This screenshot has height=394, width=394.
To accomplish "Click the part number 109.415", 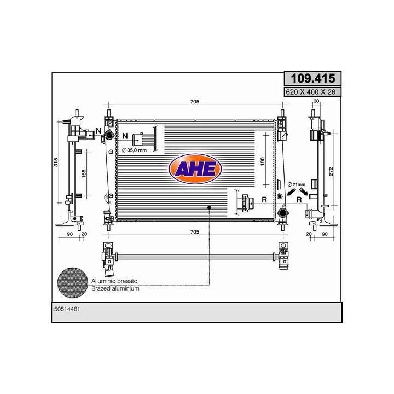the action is pyautogui.click(x=313, y=78).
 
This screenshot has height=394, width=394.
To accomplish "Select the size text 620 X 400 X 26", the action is pyautogui.click(x=311, y=92).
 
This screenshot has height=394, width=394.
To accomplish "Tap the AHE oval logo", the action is pyautogui.click(x=195, y=169).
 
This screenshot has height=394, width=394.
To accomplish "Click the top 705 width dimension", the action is pyautogui.click(x=195, y=102).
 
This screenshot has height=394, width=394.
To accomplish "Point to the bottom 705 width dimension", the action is pyautogui.click(x=195, y=231).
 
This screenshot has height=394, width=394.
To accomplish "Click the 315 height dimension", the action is pyautogui.click(x=56, y=162).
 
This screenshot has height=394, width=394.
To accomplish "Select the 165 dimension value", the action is pyautogui.click(x=84, y=173).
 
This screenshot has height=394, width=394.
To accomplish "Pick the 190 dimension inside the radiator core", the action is pyautogui.click(x=263, y=161).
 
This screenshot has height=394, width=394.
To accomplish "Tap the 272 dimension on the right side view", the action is pyautogui.click(x=331, y=172).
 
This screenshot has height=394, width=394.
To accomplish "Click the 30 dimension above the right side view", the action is pyautogui.click(x=316, y=101).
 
